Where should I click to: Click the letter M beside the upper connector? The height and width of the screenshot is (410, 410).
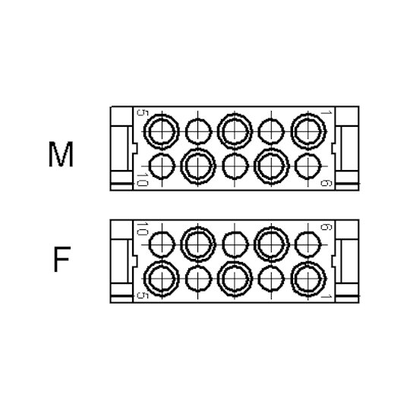point(61,154)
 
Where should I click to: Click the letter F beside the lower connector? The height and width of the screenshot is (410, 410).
point(61,259)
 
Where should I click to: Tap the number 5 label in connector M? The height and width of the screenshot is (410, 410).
point(143,112)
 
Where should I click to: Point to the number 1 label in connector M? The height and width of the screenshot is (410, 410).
point(326,112)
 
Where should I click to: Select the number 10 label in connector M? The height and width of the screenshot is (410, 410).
point(143,179)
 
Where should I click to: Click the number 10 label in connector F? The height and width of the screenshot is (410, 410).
point(143,229)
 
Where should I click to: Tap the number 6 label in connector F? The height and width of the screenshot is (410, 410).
point(326,227)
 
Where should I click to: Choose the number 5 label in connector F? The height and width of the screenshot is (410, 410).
point(143,295)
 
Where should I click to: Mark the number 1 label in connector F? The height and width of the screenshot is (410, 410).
point(326,297)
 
